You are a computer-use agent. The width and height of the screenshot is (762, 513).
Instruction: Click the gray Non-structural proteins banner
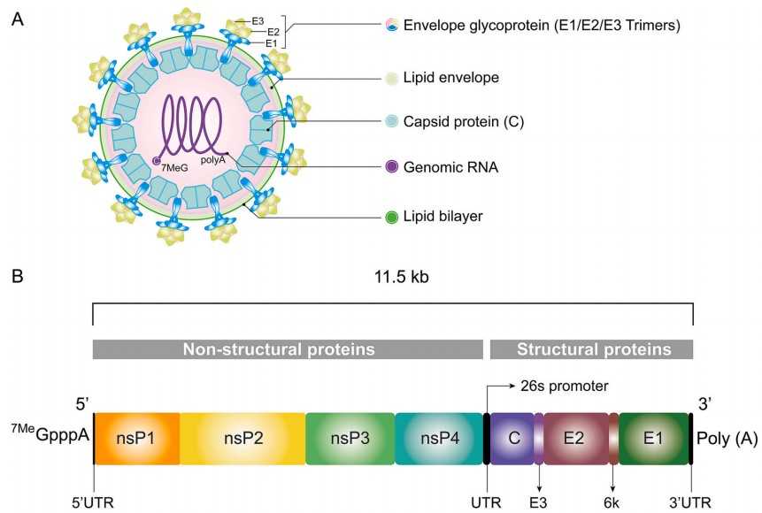click(288, 349)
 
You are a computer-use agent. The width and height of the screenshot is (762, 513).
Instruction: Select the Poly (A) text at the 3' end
click(727, 438)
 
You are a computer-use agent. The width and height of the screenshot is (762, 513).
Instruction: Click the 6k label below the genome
click(613, 502)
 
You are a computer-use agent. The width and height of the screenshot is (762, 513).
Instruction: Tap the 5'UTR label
click(93, 502)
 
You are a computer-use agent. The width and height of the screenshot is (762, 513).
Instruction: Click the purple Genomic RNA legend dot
click(393, 167)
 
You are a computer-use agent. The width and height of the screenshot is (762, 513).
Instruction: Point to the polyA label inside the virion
click(213, 160)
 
